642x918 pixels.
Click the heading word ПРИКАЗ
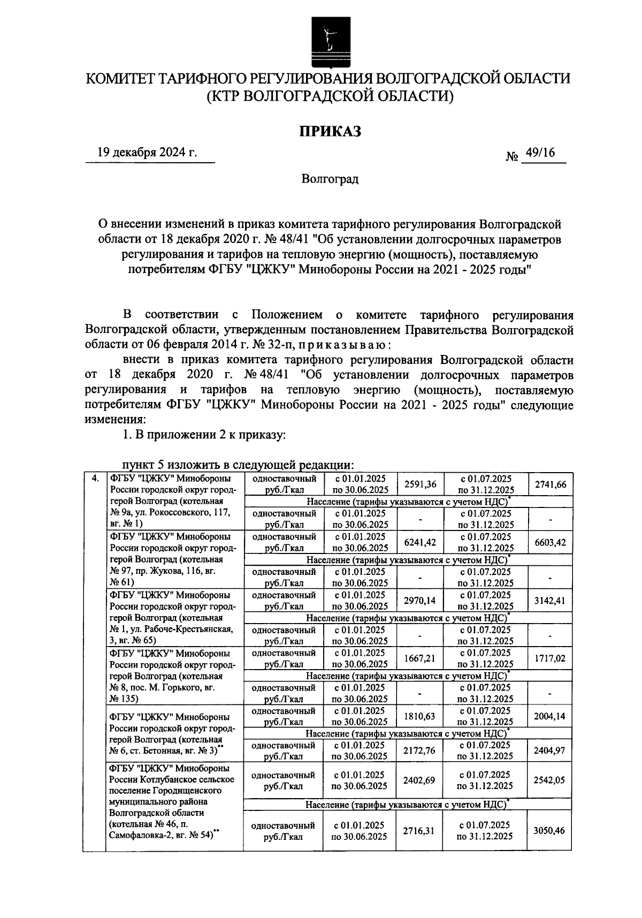coord(330,131)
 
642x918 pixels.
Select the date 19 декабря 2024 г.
coord(147,153)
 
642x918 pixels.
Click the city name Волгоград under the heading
coord(330,179)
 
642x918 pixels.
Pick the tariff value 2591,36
coord(420,484)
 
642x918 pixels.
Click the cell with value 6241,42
coord(420,542)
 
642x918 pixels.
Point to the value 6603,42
coord(549,542)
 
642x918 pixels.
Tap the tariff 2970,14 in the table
coord(420,601)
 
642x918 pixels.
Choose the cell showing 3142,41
coord(549,601)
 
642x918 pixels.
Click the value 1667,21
coord(420,658)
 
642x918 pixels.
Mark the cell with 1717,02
coord(549,658)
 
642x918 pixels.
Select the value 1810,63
coord(420,716)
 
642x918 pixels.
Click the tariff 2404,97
coord(549,750)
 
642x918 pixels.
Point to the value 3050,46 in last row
coord(549,830)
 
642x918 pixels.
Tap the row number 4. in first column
coord(95,479)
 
